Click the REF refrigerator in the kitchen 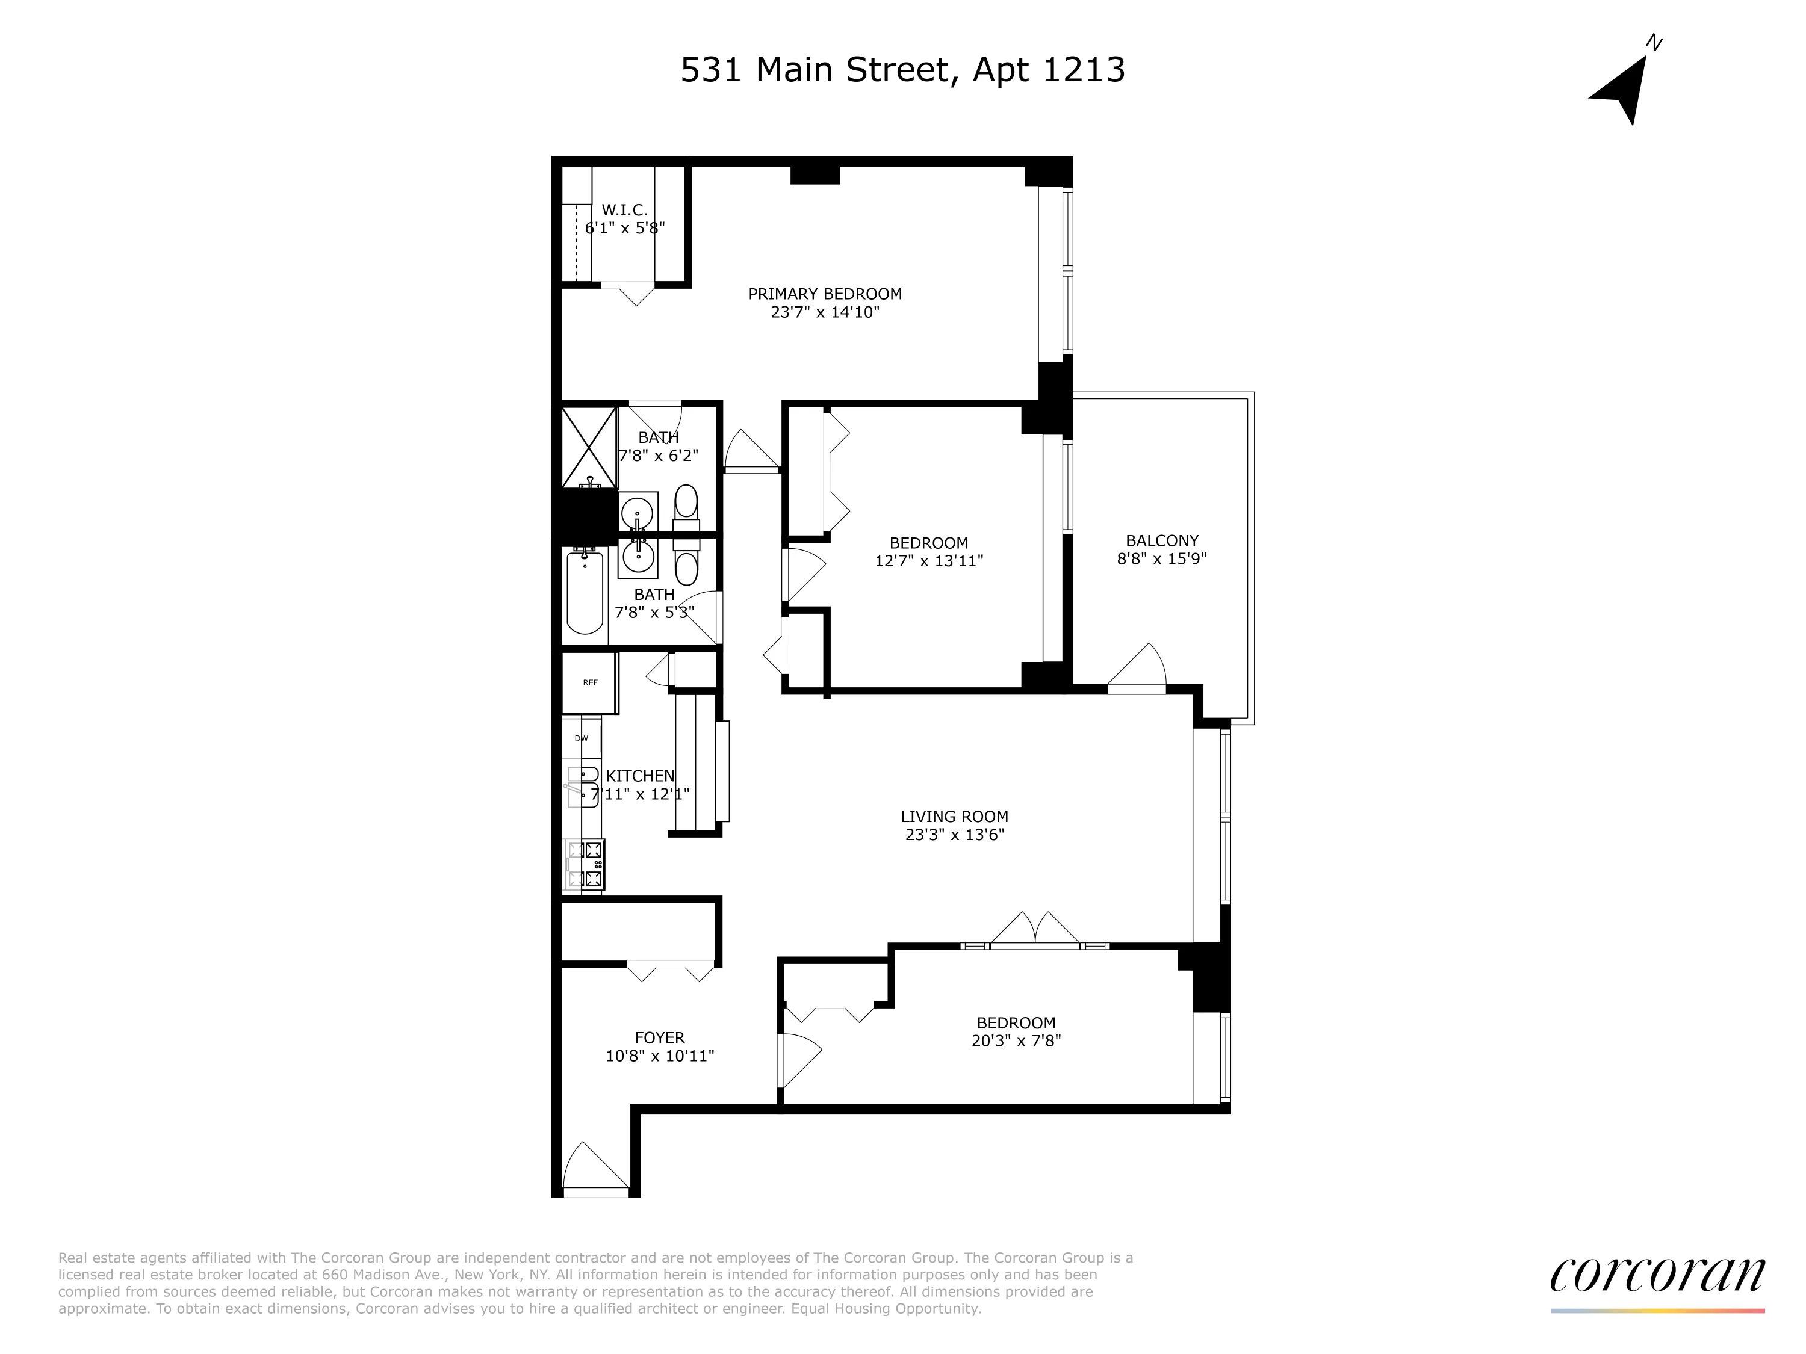pyautogui.click(x=589, y=682)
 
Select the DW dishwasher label pyautogui.click(x=582, y=738)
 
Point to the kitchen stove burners pyautogui.click(x=585, y=864)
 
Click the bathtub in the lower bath pyautogui.click(x=585, y=593)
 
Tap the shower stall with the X pyautogui.click(x=589, y=447)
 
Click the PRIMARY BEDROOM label pyautogui.click(x=825, y=294)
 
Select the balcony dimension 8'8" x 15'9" pyautogui.click(x=1161, y=559)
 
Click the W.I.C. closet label pyautogui.click(x=625, y=211)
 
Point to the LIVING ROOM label pyautogui.click(x=954, y=816)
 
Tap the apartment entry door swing pyautogui.click(x=594, y=1169)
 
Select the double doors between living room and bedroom pyautogui.click(x=1034, y=931)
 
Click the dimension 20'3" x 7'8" pyautogui.click(x=1016, y=1040)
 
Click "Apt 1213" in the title pyautogui.click(x=1048, y=70)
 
